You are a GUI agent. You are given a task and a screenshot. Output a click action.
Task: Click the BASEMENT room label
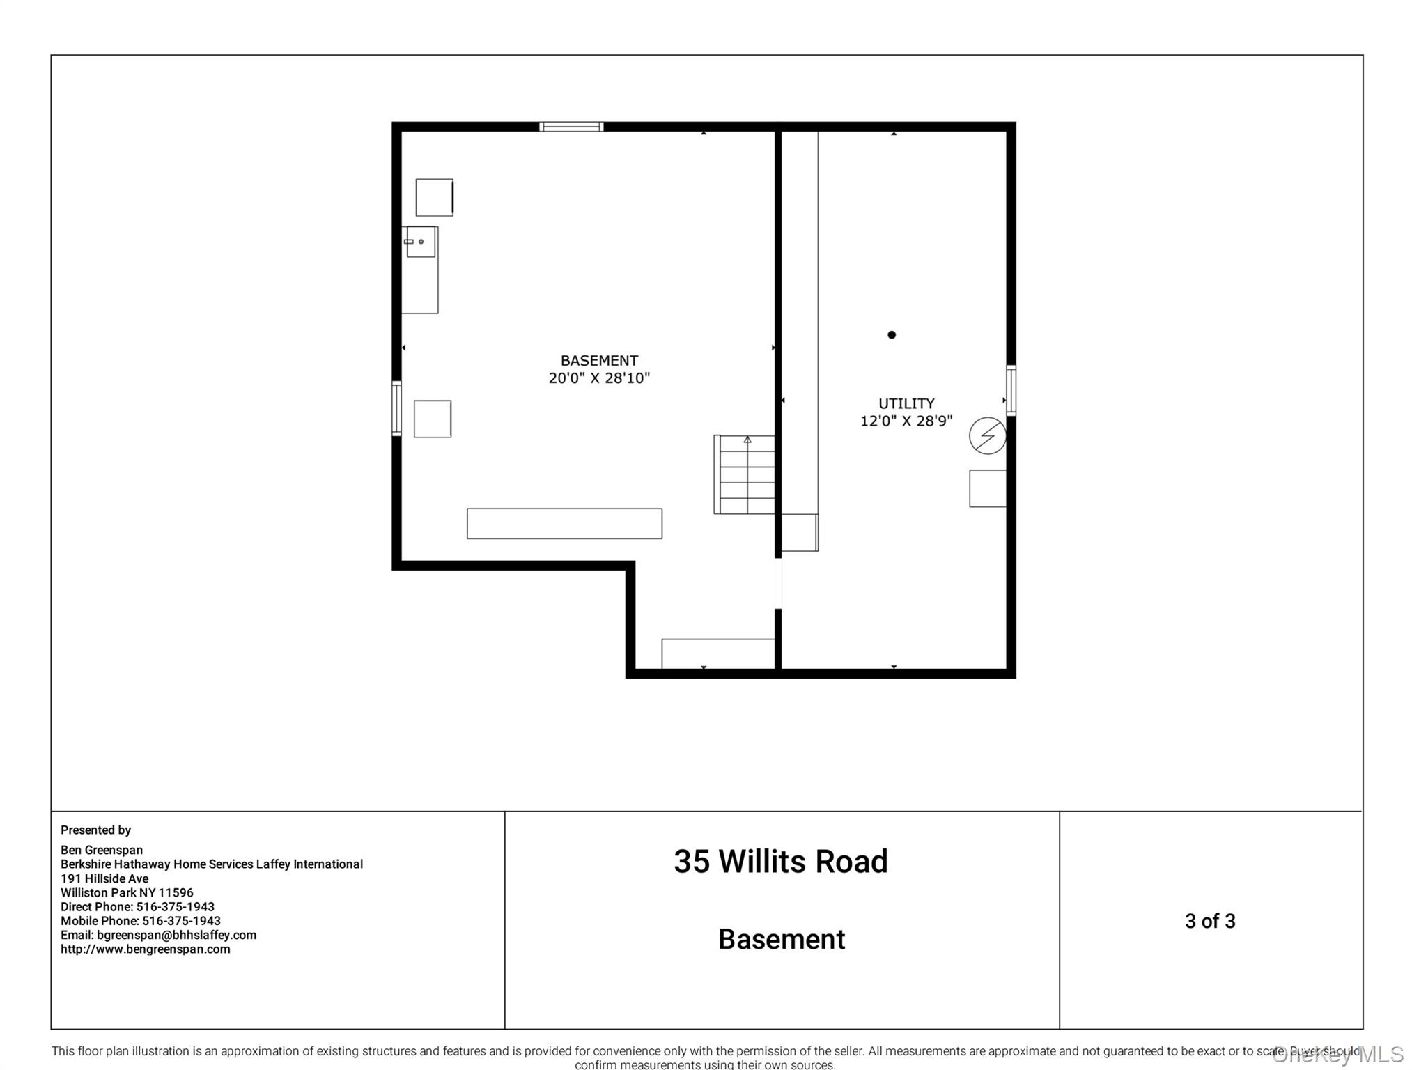598,360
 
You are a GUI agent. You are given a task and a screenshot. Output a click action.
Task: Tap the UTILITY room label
906,403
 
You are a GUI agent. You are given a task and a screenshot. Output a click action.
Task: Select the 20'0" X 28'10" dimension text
598,378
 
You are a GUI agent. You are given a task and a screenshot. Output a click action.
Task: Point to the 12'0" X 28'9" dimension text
906,421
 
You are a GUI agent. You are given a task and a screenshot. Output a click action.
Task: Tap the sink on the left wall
420,242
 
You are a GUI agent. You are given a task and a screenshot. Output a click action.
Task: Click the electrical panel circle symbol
987,436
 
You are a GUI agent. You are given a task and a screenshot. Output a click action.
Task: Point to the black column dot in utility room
891,335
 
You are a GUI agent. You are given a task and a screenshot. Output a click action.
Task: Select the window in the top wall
571,127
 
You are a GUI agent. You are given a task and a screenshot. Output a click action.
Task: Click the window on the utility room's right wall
1011,390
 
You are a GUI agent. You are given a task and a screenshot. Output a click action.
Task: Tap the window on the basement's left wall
396,408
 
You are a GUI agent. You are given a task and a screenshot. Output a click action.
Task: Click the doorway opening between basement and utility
778,584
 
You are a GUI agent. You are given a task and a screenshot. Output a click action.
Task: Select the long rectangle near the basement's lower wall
564,523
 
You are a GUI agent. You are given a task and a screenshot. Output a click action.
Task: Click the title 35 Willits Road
780,862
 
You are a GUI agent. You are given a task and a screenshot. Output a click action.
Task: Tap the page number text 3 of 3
1209,921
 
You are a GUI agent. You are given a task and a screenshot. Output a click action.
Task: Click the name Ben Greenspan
102,850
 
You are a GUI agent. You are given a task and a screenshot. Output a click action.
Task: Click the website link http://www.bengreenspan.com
145,949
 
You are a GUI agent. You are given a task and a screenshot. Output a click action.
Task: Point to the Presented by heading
95,830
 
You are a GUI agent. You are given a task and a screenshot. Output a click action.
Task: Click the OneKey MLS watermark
1337,1055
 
